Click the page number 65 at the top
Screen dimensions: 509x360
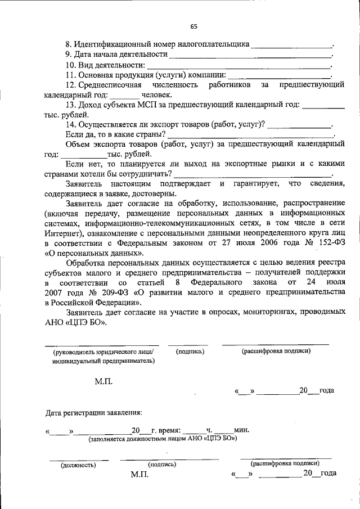[193, 26]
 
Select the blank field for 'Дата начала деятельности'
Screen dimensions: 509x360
[250, 56]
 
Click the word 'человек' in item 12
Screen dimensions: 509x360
[153, 95]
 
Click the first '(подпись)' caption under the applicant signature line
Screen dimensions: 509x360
[190, 352]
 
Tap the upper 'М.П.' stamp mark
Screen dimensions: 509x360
[103, 381]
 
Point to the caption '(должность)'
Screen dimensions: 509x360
[78, 465]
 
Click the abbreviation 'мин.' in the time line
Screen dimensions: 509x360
[242, 430]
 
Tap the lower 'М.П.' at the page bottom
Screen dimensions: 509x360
[139, 475]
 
